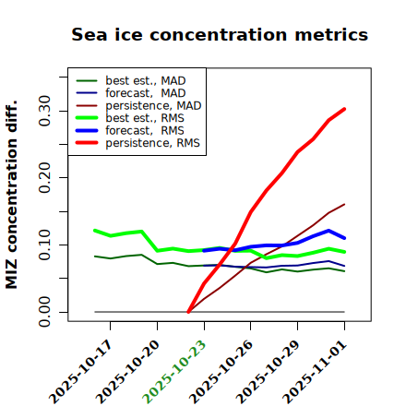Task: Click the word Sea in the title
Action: click(90, 34)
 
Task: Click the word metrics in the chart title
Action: click(331, 34)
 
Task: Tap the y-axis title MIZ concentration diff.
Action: click(12, 195)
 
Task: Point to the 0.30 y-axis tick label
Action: click(45, 111)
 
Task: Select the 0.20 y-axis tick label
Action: click(45, 177)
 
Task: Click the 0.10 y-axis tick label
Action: click(45, 245)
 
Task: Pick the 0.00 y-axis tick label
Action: click(45, 312)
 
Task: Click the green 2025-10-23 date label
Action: click(174, 372)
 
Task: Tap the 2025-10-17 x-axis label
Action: click(80, 372)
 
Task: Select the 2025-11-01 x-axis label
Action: click(315, 372)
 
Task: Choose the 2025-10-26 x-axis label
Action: click(221, 372)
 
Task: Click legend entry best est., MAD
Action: click(131, 80)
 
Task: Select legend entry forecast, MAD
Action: click(131, 93)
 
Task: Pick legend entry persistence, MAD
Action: click(138, 105)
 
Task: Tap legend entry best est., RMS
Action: click(130, 118)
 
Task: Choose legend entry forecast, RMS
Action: click(130, 130)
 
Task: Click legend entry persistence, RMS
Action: click(137, 143)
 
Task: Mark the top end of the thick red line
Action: click(344, 109)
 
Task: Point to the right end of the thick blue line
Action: click(344, 238)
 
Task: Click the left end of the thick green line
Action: click(95, 231)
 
